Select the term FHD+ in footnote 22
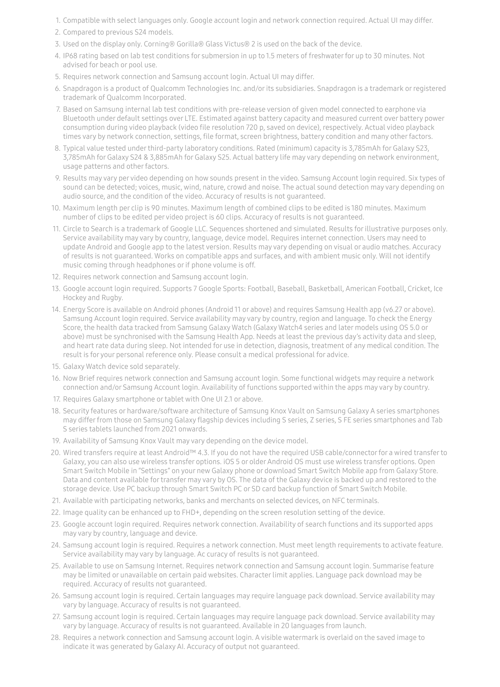click(x=190, y=513)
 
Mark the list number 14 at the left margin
click(x=56, y=310)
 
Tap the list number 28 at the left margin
click(x=56, y=638)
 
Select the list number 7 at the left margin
click(x=58, y=109)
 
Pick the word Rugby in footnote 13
click(x=112, y=298)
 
